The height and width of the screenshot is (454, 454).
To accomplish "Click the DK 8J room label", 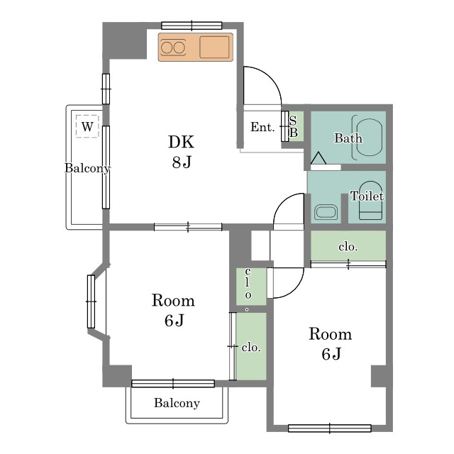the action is pyautogui.click(x=182, y=151).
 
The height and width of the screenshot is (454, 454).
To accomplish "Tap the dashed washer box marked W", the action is pyautogui.click(x=87, y=126).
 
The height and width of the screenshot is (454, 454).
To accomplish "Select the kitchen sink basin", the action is pyautogui.click(x=214, y=47).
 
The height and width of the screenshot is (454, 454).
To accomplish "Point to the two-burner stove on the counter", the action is pyautogui.click(x=173, y=48).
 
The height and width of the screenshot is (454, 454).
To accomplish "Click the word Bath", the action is pyautogui.click(x=348, y=138).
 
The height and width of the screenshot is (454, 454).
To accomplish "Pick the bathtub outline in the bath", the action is pyautogui.click(x=367, y=138).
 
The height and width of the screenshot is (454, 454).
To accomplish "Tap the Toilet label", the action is pyautogui.click(x=367, y=196).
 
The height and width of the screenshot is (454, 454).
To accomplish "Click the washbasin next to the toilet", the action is pyautogui.click(x=326, y=212).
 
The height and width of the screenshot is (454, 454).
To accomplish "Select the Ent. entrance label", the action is pyautogui.click(x=262, y=127).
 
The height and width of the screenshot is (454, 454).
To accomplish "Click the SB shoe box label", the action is pyautogui.click(x=293, y=126).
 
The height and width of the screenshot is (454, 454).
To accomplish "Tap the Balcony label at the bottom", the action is pyautogui.click(x=177, y=403).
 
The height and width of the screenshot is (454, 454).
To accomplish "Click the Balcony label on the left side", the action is pyautogui.click(x=87, y=168).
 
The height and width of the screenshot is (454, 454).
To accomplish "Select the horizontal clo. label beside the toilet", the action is pyautogui.click(x=348, y=247).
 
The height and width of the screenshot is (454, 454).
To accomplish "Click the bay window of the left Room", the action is pyautogui.click(x=92, y=301).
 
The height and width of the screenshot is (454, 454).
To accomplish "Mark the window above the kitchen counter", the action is pyautogui.click(x=192, y=26).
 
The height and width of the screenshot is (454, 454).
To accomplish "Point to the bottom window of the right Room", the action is pyautogui.click(x=330, y=428).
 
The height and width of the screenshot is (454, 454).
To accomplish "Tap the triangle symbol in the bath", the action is pyautogui.click(x=319, y=158).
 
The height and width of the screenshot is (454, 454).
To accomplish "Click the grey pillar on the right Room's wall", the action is pyautogui.click(x=379, y=376).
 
